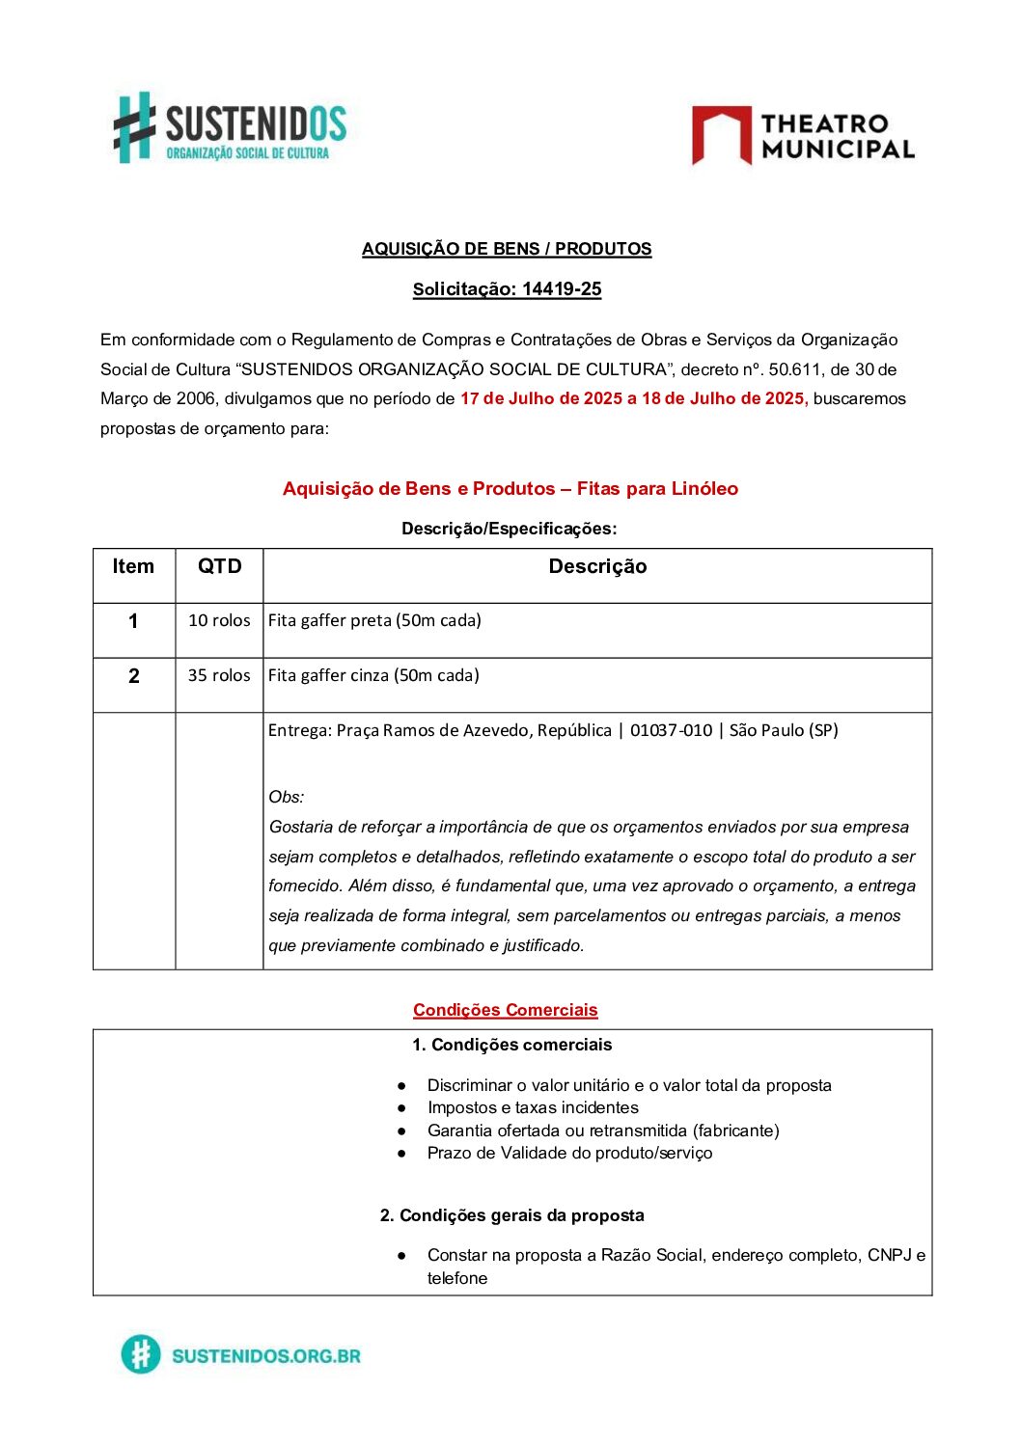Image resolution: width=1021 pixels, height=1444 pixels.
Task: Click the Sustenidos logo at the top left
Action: click(230, 127)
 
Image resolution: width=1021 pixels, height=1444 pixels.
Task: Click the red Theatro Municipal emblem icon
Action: click(721, 135)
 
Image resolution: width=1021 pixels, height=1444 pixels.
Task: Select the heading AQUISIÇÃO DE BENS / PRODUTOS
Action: click(507, 249)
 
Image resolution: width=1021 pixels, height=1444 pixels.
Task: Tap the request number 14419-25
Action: click(562, 289)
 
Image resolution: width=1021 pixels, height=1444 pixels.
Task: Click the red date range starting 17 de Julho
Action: click(633, 398)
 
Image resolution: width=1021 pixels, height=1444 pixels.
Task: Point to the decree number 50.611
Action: click(796, 369)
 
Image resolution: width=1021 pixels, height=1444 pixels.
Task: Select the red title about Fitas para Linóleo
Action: click(510, 489)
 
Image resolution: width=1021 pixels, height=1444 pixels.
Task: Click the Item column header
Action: click(133, 567)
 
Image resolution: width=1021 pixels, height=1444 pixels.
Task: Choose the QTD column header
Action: click(219, 567)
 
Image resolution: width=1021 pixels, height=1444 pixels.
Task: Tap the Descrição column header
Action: click(597, 567)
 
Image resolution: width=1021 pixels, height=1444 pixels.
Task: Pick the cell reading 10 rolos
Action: click(219, 620)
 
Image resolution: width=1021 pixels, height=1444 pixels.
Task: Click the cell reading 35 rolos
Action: click(219, 675)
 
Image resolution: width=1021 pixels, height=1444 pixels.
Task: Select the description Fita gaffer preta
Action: click(374, 620)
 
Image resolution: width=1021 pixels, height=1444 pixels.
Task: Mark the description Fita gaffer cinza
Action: click(373, 675)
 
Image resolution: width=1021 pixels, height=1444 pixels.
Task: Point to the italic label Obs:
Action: click(287, 797)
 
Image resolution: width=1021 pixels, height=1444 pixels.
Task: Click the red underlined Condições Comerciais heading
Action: click(506, 1010)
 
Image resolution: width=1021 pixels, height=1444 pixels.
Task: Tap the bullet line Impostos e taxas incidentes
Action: click(533, 1107)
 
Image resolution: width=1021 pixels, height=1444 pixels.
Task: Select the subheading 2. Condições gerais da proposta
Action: click(511, 1215)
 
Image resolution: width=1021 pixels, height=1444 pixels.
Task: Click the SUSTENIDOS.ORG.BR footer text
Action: click(265, 1355)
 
